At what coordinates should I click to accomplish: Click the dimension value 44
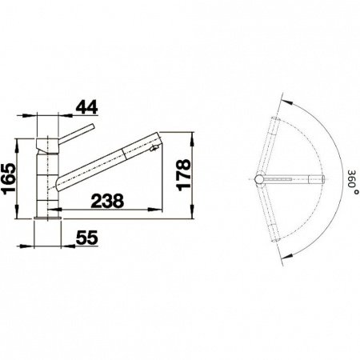tap(86, 108)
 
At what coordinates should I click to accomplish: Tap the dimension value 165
tap(8, 178)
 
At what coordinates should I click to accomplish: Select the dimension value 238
tap(107, 201)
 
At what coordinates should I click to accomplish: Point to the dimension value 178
tap(184, 175)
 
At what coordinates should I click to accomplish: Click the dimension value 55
tap(87, 238)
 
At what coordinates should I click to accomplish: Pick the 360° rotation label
tap(353, 182)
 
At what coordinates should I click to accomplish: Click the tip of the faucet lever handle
tap(93, 126)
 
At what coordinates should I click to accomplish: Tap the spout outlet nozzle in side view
tap(154, 148)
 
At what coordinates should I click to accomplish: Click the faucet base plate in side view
tap(47, 218)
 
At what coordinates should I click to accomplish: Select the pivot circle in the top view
tap(259, 179)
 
